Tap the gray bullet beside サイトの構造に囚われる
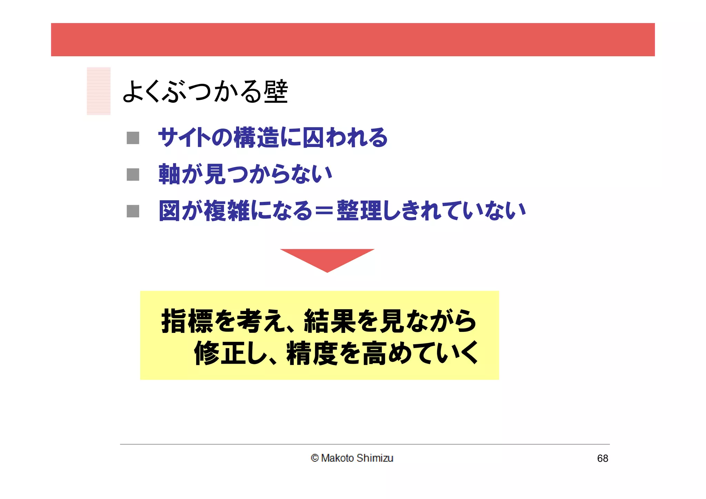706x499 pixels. point(133,138)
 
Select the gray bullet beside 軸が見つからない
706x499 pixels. point(133,174)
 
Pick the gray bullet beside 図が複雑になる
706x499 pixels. point(133,211)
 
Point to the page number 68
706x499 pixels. point(603,458)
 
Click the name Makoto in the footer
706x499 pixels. point(337,458)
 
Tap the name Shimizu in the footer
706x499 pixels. point(375,458)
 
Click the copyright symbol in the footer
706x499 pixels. point(314,458)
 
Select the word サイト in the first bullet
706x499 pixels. point(184,138)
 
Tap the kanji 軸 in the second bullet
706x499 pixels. point(169,174)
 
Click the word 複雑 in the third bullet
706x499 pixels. point(227,211)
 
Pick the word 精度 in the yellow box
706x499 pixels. point(312,353)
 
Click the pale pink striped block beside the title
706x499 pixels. point(99,91)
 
